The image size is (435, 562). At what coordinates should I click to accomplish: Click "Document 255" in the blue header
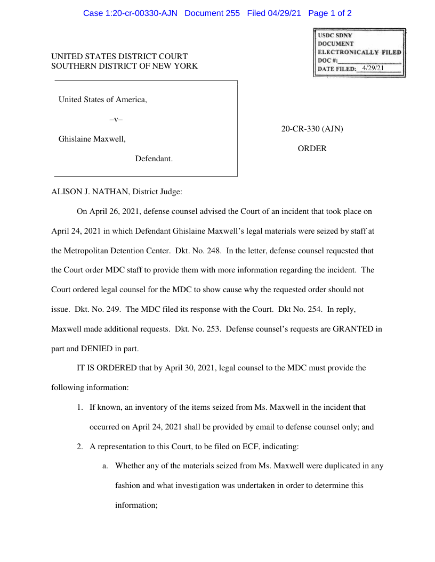pos(212,13)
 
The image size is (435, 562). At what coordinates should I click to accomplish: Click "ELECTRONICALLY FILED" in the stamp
pos(359,52)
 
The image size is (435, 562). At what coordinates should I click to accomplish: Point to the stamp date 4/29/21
pos(373,68)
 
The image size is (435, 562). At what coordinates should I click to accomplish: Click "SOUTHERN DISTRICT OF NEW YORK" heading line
pos(124,66)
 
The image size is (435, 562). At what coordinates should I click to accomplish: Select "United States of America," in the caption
pos(102,100)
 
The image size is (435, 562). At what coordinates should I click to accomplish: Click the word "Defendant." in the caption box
pos(154,159)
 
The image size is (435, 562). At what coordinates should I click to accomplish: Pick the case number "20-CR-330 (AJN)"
pos(312,129)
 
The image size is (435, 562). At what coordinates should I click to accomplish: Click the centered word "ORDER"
pos(312,149)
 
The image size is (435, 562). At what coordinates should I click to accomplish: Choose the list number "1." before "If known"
pos(80,407)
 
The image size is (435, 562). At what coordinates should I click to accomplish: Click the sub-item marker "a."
pos(106,466)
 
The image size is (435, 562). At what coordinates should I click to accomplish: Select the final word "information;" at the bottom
pos(136,505)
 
